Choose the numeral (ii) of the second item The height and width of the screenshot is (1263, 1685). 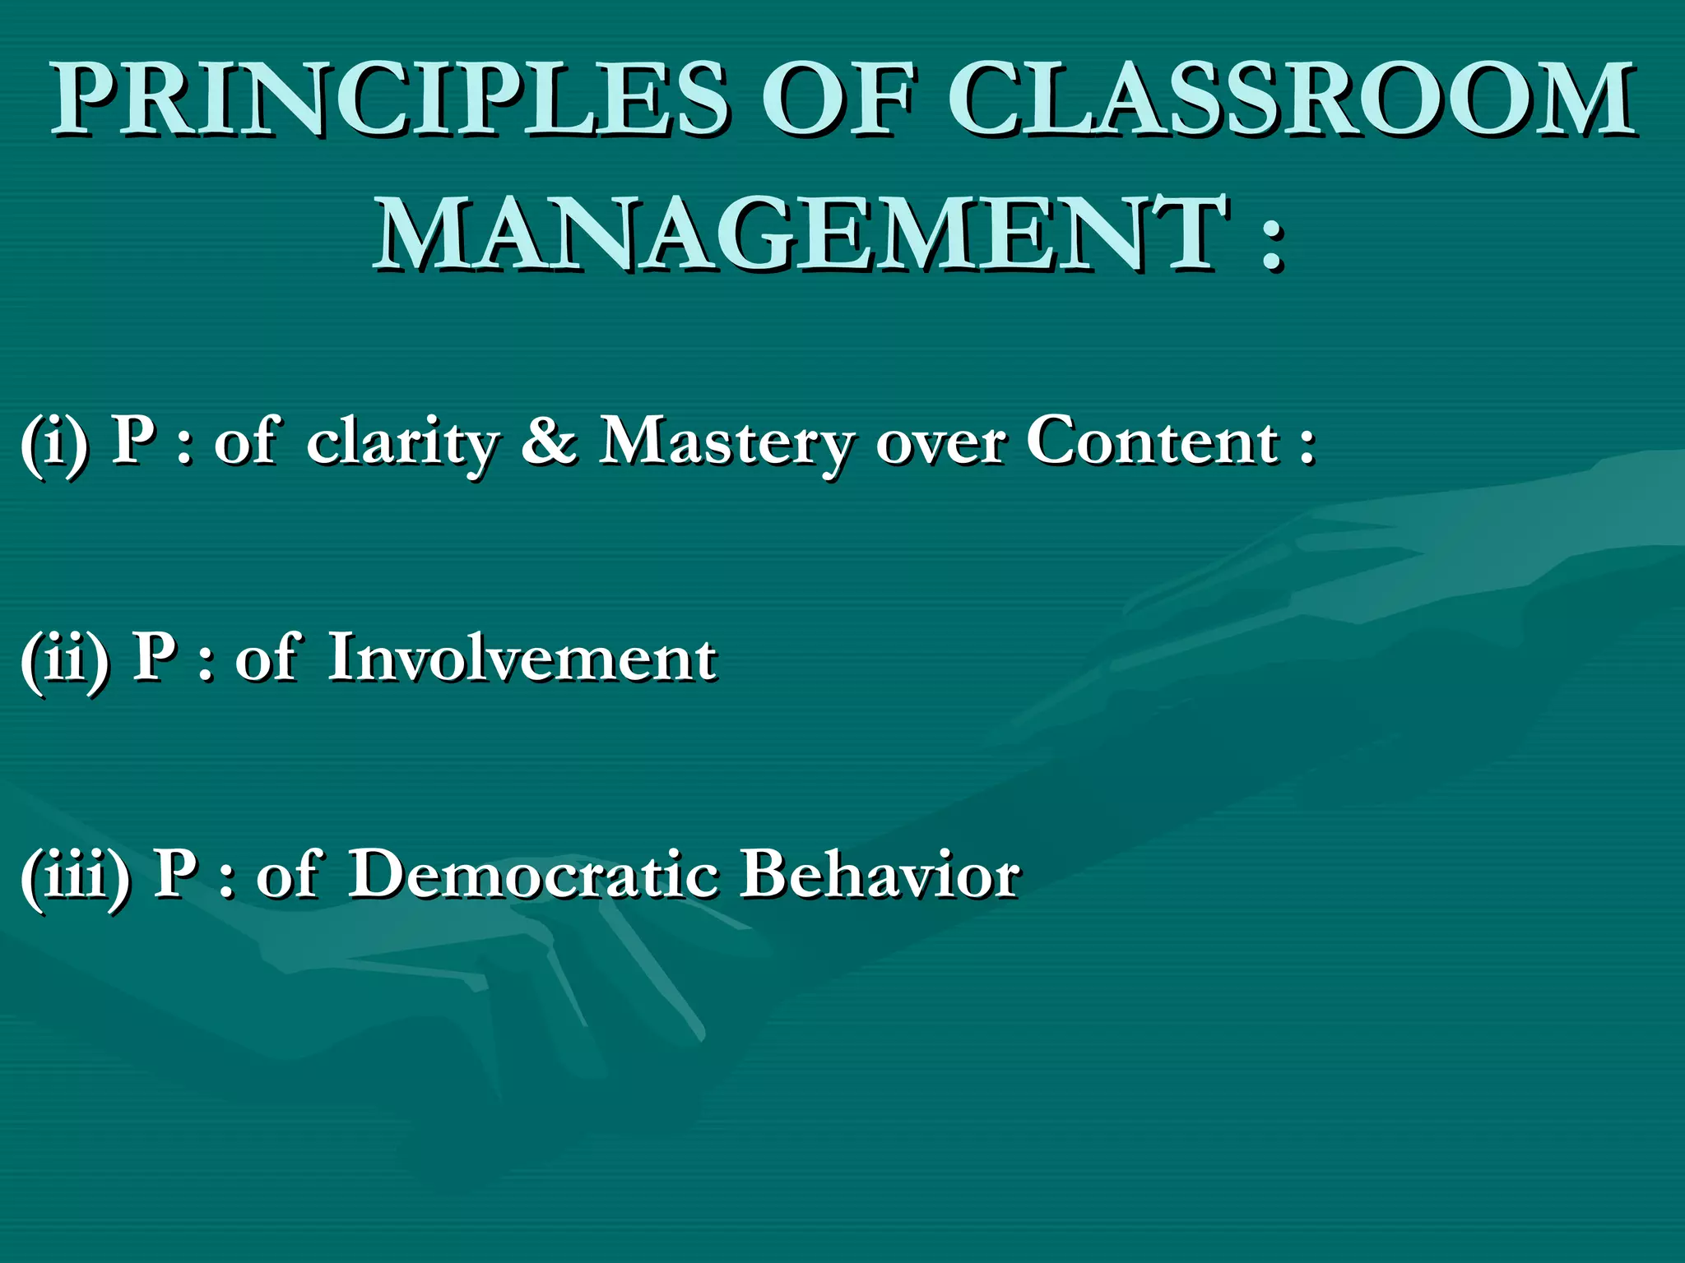(65, 660)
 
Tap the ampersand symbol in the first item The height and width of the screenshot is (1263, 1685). (549, 441)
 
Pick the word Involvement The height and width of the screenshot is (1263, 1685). (522, 659)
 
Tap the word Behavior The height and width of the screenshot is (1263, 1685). (880, 875)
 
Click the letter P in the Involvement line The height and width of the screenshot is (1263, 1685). (155, 658)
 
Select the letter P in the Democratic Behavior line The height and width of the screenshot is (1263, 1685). (176, 875)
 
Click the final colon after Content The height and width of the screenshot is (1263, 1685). (1307, 448)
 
